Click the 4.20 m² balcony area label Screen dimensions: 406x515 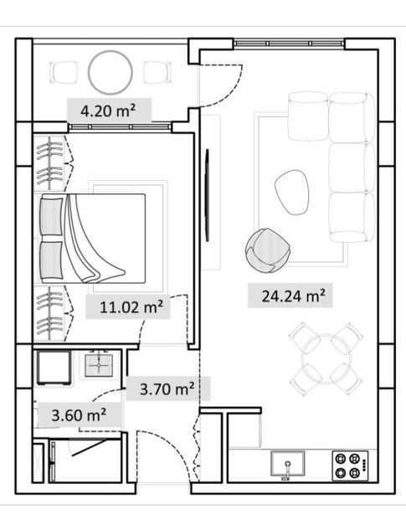108,111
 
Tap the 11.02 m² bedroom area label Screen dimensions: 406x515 131,307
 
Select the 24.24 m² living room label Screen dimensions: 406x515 294,296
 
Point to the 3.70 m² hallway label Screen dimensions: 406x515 167,389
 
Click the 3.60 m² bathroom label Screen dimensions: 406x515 79,415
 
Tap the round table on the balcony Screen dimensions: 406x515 110,72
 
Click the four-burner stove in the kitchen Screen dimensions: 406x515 350,466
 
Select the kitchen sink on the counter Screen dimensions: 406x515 287,463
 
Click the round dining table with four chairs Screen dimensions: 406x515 326,358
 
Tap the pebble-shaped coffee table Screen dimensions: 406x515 292,192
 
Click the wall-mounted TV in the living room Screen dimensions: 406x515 207,195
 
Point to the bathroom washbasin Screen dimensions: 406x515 99,365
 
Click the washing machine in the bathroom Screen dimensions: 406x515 54,368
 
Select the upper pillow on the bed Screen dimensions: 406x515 52,216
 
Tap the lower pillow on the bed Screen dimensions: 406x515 52,260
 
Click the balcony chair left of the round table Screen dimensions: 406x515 64,72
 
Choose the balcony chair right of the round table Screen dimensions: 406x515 157,72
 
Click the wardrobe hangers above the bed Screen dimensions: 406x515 49,163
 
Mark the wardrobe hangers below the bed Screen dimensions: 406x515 49,313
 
